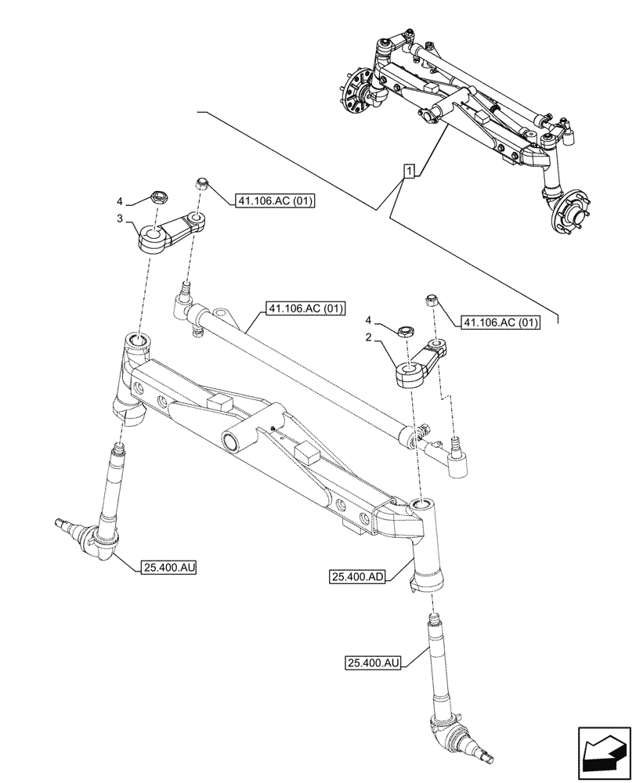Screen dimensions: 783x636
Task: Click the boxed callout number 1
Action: click(408, 171)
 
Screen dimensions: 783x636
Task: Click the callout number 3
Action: click(120, 220)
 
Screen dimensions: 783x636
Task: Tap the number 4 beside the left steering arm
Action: click(120, 202)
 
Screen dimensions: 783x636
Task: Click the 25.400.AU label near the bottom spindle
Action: click(373, 663)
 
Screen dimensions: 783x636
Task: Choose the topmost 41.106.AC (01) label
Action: click(273, 201)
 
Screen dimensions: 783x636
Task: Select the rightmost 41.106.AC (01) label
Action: click(500, 322)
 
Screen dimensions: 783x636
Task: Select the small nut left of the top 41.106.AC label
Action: click(202, 185)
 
